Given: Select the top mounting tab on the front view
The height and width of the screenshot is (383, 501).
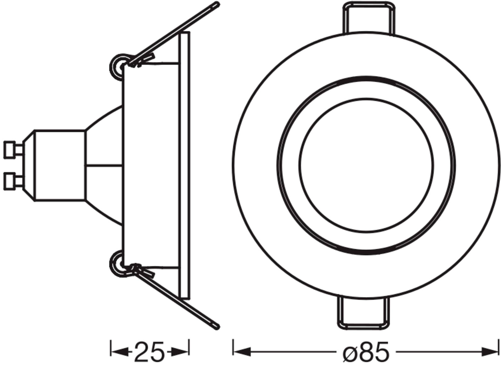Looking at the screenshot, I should point(368,18).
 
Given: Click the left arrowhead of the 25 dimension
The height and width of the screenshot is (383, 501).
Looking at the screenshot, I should point(118,352).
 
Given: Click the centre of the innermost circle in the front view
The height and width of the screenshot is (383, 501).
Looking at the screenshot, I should point(366,165).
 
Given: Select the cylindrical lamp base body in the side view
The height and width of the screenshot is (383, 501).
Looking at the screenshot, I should point(60,165).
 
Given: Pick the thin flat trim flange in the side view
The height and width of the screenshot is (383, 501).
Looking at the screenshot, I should point(185,165).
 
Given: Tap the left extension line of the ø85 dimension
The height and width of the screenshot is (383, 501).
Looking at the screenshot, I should point(233,347).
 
